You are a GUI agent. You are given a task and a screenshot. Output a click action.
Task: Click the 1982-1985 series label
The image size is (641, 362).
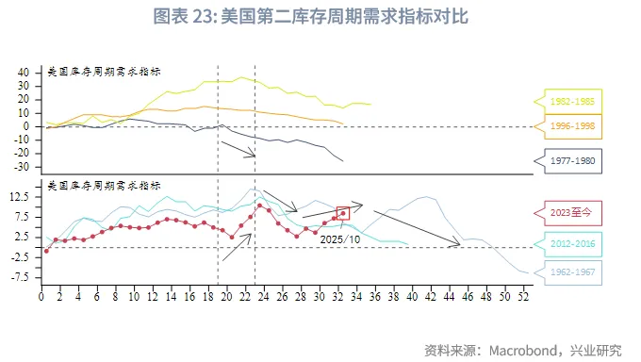coord(573,101)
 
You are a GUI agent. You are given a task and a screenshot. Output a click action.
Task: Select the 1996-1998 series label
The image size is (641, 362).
coord(573,126)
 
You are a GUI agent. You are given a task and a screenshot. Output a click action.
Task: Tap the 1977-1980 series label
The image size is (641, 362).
coord(573,161)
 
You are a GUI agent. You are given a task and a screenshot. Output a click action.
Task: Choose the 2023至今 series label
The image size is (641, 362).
coord(573,213)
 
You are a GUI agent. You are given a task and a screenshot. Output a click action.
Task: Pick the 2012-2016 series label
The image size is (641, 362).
coord(573,244)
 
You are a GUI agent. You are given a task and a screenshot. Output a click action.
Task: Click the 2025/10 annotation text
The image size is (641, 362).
coord(339,239)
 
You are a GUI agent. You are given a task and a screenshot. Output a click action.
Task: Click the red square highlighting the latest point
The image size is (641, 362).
coord(343,214)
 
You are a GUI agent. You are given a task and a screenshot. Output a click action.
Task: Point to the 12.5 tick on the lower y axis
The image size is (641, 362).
coord(22,197)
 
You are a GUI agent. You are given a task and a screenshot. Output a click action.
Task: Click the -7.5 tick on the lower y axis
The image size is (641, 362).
coord(21,278)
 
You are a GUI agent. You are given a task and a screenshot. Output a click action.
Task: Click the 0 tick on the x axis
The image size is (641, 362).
coord(41,298)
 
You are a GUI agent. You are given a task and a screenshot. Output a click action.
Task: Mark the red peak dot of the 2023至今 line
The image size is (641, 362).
coord(259,205)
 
